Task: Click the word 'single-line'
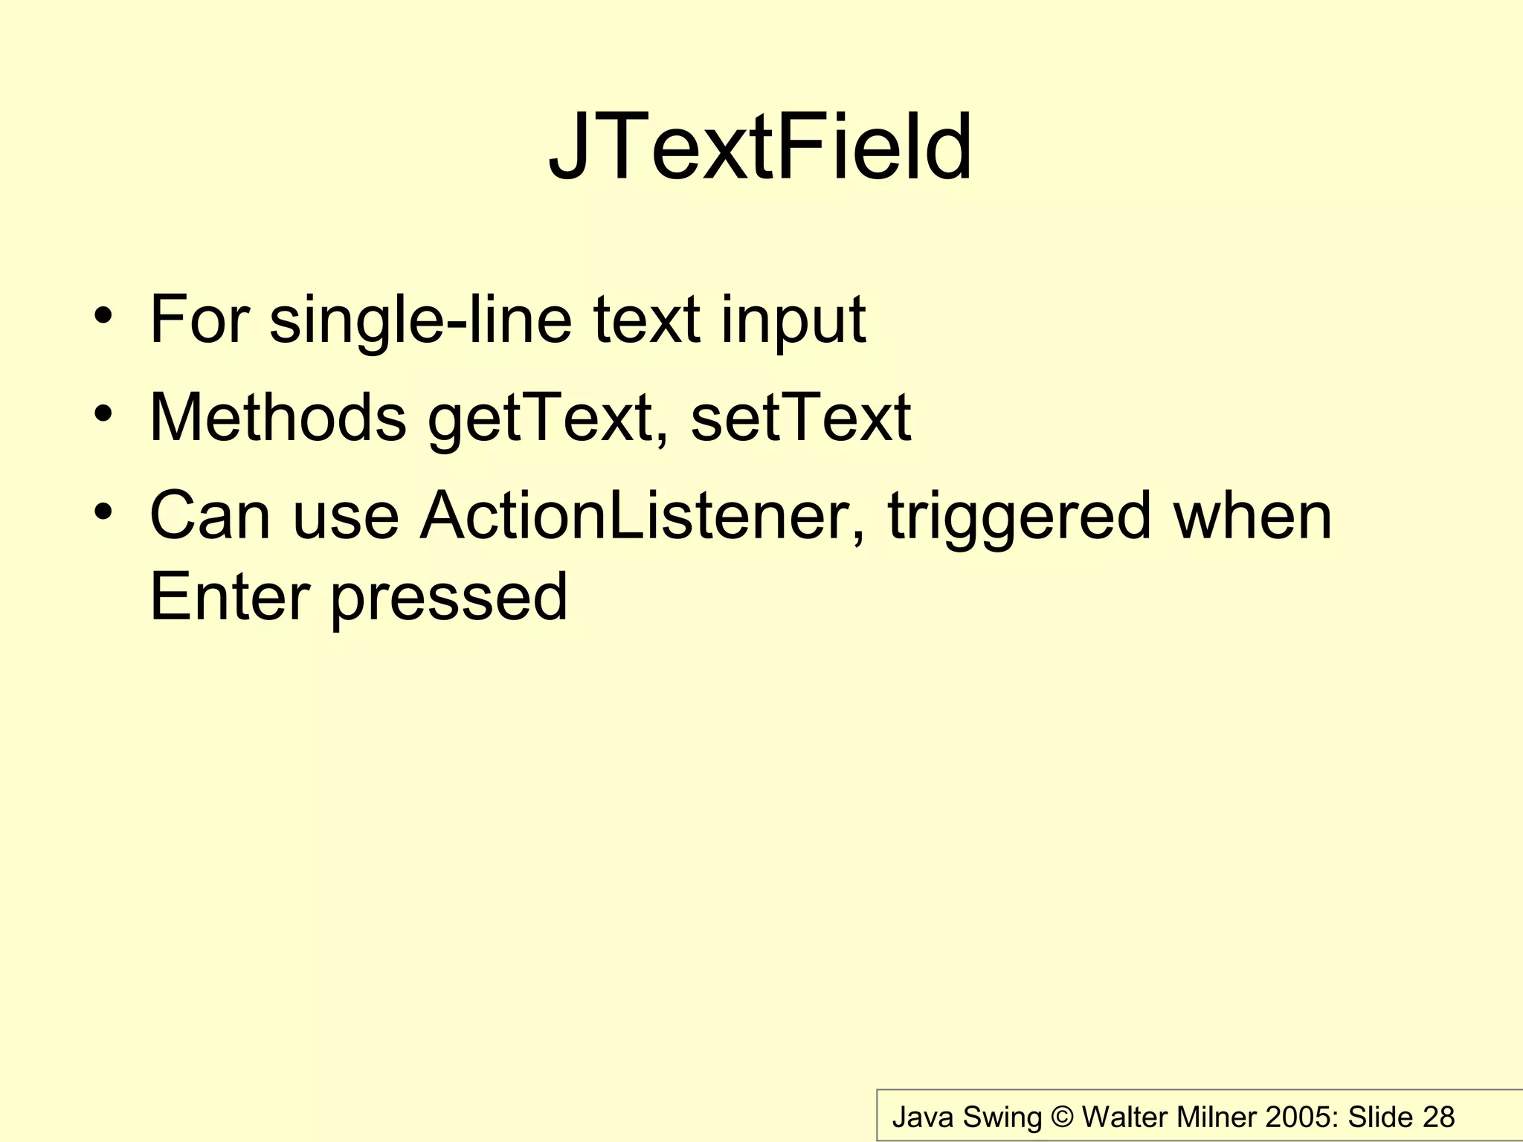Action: tap(420, 321)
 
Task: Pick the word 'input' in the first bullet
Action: tap(793, 321)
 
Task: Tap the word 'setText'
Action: tap(800, 418)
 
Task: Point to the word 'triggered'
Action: tap(1020, 518)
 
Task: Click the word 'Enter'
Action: tap(229, 596)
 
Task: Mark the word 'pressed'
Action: tap(448, 599)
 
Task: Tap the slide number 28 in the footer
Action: tap(1438, 1117)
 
